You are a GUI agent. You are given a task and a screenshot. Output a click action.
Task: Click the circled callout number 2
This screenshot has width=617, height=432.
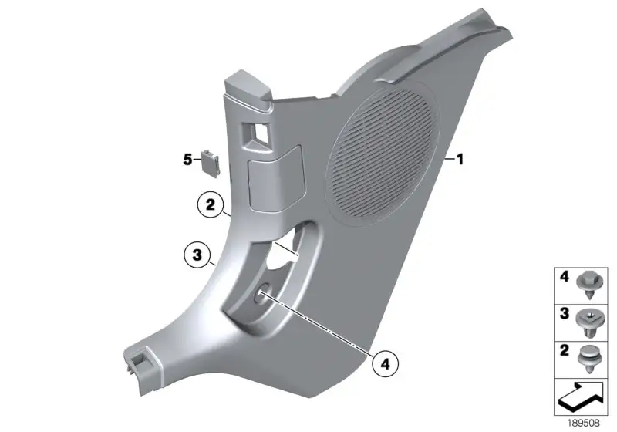click(211, 204)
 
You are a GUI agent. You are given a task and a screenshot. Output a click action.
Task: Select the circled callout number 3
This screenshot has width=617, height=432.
click(197, 255)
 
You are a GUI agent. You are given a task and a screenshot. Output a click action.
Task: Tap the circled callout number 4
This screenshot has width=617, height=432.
click(385, 364)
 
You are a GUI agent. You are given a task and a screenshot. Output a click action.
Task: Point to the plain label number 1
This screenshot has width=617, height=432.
click(460, 160)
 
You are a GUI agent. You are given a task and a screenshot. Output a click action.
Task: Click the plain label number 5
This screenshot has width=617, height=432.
click(187, 160)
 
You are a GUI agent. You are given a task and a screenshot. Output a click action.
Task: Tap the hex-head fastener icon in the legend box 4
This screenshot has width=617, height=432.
click(589, 286)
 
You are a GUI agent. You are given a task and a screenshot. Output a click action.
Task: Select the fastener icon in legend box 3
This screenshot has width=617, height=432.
click(589, 322)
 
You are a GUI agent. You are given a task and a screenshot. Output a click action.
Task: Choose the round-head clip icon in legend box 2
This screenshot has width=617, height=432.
click(589, 359)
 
